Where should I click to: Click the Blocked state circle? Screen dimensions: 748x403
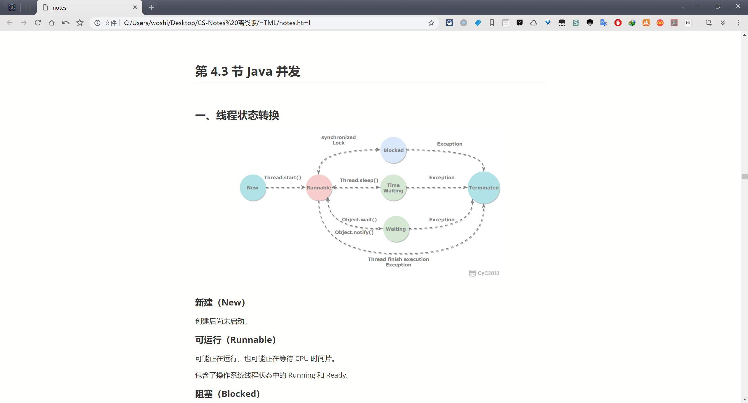(x=393, y=150)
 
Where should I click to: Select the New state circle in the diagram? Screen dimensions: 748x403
(x=253, y=187)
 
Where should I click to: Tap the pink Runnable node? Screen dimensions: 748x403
(x=319, y=187)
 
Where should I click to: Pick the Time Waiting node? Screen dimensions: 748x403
(x=393, y=187)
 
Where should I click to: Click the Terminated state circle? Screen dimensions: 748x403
(x=484, y=187)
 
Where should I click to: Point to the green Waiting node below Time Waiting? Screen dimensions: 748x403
(x=396, y=229)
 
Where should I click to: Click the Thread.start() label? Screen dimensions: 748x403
(x=283, y=178)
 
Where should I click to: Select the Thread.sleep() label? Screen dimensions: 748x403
(x=359, y=180)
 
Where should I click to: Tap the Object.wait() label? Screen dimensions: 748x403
(x=359, y=220)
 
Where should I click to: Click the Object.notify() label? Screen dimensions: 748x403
(x=354, y=232)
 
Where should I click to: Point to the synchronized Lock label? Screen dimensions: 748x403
(x=338, y=140)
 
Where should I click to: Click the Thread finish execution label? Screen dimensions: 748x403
(x=399, y=259)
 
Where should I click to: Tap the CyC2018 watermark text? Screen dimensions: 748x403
(x=488, y=273)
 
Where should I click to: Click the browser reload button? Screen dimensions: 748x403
(x=38, y=23)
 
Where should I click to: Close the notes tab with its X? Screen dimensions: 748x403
(x=135, y=8)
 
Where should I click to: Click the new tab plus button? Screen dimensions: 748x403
(x=151, y=8)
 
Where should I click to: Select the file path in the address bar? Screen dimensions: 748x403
(x=217, y=23)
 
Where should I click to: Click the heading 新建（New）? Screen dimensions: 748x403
(x=220, y=303)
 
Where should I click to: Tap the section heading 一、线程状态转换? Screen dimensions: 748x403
(x=237, y=115)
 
